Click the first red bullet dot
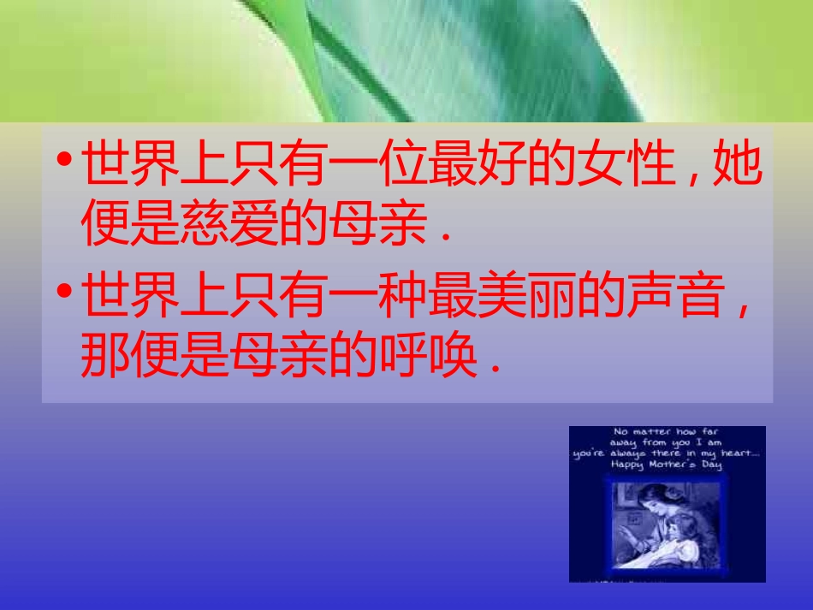pos(64,162)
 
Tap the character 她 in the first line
pos(737,168)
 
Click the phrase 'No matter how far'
pos(668,432)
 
